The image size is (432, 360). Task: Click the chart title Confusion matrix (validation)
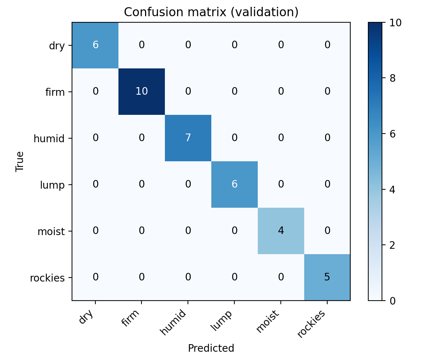click(x=211, y=12)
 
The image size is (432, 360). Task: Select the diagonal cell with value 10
click(x=141, y=91)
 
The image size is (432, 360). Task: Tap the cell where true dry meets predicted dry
click(x=95, y=45)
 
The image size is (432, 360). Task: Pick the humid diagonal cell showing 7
click(x=188, y=138)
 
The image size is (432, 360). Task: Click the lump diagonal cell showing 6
click(x=234, y=184)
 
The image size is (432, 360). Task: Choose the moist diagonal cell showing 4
click(x=281, y=231)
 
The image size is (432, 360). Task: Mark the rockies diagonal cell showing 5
click(x=327, y=277)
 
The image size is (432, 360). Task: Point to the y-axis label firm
click(x=55, y=92)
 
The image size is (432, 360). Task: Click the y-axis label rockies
click(x=48, y=278)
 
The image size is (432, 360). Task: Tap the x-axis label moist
click(x=268, y=321)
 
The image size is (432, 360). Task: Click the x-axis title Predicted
click(x=211, y=348)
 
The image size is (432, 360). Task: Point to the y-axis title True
click(x=19, y=161)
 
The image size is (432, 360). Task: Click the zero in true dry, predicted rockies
click(x=327, y=45)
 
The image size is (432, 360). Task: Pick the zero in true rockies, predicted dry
click(x=95, y=277)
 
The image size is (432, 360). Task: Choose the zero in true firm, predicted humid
click(x=188, y=91)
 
